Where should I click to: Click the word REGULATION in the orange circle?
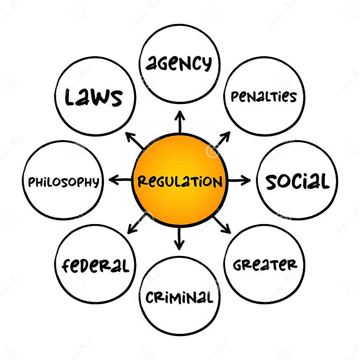180,181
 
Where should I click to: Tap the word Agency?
179,63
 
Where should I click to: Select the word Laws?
94,97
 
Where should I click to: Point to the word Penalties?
264,97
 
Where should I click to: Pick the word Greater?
265,265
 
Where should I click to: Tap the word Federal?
95,266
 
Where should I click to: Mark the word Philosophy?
63,182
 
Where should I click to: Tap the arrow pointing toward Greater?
221,224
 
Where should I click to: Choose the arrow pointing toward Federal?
136,224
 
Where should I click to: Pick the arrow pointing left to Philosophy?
120,180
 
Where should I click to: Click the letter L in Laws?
70,97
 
